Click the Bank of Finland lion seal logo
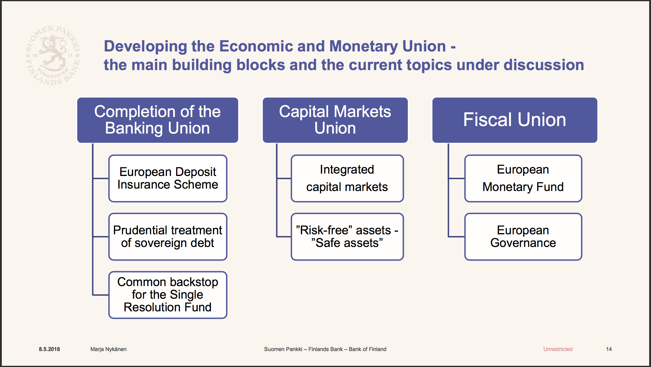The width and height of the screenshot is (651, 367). [53, 55]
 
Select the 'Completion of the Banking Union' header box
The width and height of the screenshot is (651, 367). [158, 120]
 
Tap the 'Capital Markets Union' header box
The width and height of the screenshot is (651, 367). [335, 120]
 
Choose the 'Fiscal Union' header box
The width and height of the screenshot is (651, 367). [515, 120]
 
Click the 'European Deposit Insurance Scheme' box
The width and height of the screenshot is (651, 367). [168, 178]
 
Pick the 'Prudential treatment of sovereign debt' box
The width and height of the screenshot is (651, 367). [168, 237]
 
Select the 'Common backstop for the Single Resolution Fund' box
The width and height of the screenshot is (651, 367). [168, 295]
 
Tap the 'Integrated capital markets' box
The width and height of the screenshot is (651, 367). [347, 178]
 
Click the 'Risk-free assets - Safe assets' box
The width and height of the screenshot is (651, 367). [347, 237]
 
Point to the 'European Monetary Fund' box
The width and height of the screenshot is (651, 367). [523, 178]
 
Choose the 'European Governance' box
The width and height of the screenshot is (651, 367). [523, 237]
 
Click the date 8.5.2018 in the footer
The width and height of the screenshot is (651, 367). [49, 349]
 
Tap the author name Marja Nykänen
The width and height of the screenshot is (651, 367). [108, 349]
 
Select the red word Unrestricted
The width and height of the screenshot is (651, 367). [558, 349]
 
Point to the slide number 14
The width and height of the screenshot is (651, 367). [609, 349]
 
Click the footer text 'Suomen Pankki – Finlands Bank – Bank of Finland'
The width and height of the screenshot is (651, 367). [325, 349]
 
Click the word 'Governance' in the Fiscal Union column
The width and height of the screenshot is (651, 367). [523, 243]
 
